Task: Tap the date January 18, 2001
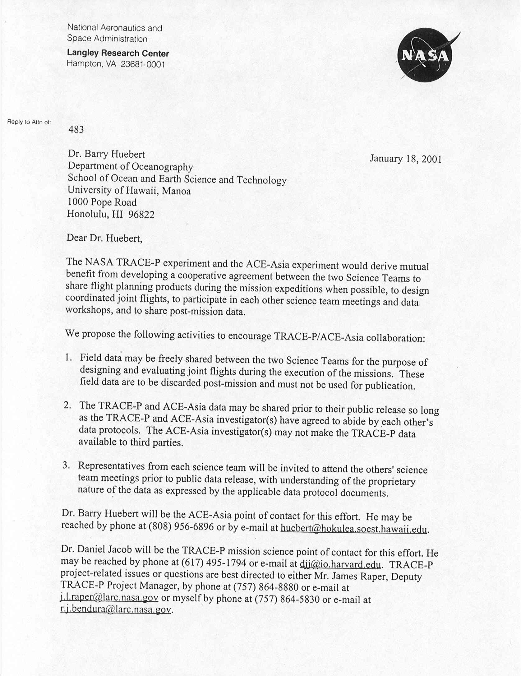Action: point(405,159)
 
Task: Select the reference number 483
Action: point(76,129)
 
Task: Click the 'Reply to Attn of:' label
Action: point(29,122)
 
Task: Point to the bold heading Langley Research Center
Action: point(118,53)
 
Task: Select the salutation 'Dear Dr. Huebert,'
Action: point(104,238)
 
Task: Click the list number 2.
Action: point(67,405)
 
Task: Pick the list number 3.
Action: point(66,465)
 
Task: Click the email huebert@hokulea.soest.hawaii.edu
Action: point(354,528)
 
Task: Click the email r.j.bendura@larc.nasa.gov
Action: point(116,609)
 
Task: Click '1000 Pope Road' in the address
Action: point(102,202)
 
